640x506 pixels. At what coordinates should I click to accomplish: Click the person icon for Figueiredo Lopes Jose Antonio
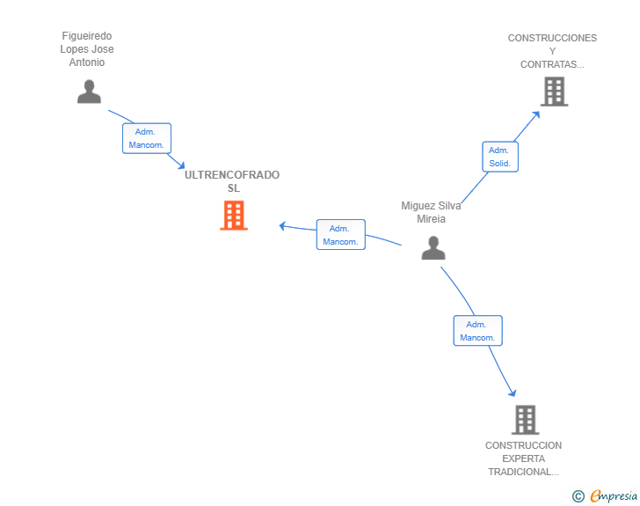[x=89, y=92]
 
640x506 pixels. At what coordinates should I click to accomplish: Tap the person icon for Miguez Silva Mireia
[x=433, y=248]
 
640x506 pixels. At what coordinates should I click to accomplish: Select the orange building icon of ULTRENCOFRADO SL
[x=233, y=216]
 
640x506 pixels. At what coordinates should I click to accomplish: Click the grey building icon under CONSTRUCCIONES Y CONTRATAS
[x=554, y=91]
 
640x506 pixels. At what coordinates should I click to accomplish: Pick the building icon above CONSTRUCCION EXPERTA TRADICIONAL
[x=525, y=420]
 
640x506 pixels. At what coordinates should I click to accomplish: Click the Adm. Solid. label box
[x=500, y=157]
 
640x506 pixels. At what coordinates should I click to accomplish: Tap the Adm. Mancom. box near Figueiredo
[x=146, y=138]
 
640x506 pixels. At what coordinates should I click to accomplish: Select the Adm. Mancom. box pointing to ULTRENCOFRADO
[x=340, y=234]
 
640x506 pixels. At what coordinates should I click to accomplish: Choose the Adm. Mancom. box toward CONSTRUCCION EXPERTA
[x=477, y=331]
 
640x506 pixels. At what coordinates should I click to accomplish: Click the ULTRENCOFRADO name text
[x=232, y=175]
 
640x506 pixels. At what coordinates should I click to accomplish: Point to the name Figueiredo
[x=87, y=36]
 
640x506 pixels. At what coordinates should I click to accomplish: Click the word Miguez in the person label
[x=418, y=206]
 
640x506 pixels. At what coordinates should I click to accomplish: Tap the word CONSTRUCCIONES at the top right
[x=552, y=39]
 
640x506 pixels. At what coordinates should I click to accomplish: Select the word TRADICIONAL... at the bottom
[x=523, y=472]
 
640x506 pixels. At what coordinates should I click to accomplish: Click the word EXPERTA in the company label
[x=523, y=458]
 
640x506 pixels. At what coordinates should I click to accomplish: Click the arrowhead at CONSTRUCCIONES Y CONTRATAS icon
[x=537, y=114]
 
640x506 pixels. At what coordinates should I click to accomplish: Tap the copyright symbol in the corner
[x=578, y=496]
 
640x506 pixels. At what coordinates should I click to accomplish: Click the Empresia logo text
[x=613, y=496]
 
